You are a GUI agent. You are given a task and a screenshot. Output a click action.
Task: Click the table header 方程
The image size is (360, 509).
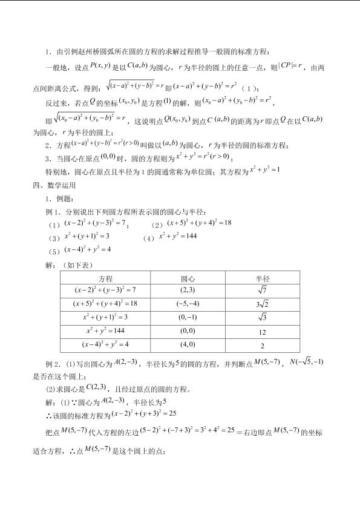pos(105,278)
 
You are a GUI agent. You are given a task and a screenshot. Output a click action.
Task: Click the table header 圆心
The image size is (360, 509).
pos(188,278)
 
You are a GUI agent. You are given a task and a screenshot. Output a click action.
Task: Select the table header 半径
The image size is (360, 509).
pos(263,278)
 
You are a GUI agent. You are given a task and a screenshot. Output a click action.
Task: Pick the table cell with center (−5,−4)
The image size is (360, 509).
pos(188,303)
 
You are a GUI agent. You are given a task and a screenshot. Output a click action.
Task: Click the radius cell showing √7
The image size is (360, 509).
pos(263,291)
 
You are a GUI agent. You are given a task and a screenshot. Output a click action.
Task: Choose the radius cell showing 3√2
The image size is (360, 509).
pos(263,303)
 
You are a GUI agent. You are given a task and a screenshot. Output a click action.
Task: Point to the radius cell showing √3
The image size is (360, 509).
pos(263,317)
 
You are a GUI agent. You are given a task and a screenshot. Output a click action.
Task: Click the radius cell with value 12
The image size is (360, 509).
pos(263,332)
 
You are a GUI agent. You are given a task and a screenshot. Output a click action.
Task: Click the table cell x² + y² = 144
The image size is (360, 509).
pos(105,330)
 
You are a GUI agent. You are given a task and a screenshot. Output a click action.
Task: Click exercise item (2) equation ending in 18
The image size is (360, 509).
pos(199,223)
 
